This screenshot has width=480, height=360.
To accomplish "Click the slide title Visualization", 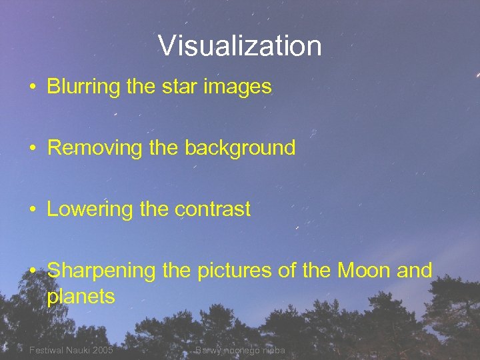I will tap(240, 46).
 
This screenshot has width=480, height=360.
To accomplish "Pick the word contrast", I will tap(213, 209).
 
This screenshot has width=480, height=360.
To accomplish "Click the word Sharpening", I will tap(103, 271).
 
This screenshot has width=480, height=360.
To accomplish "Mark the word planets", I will tap(81, 297).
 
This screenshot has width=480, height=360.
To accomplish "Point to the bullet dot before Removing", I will tap(32, 148).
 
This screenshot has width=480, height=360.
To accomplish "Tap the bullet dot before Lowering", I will tap(32, 210).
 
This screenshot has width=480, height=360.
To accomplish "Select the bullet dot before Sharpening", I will tap(32, 271).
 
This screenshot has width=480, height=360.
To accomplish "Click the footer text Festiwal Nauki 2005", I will tap(71, 351).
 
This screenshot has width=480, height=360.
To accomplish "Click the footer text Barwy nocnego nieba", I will tap(240, 351).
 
